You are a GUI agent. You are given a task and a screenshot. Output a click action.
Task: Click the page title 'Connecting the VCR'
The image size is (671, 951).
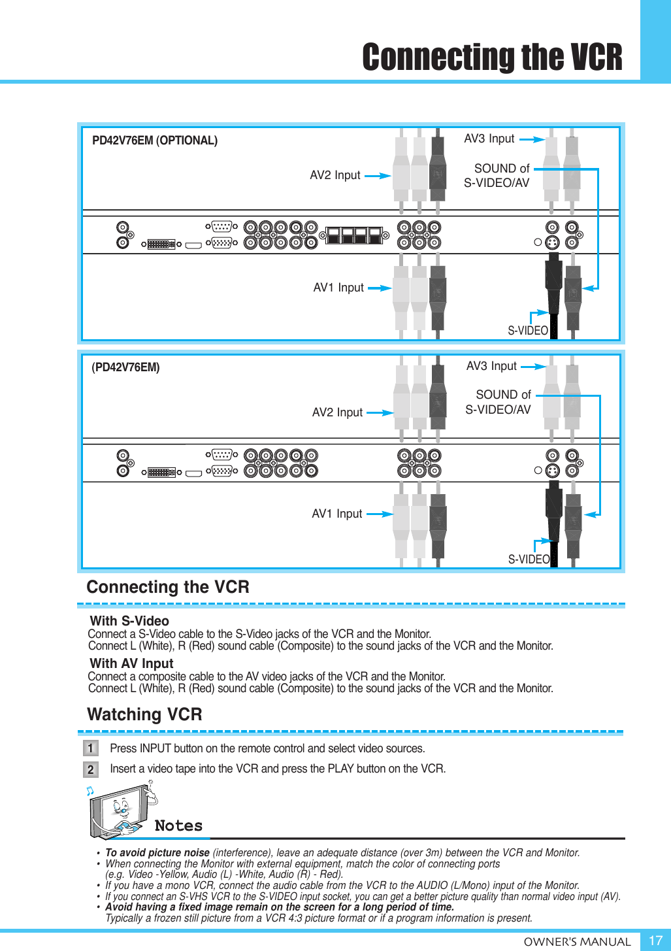tap(492, 58)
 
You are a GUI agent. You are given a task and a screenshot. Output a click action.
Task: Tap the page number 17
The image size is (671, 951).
tap(655, 941)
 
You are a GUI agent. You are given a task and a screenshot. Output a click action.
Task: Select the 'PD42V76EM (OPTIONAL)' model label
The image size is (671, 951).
tap(155, 141)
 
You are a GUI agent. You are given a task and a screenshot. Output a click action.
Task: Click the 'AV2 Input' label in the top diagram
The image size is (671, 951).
tap(335, 175)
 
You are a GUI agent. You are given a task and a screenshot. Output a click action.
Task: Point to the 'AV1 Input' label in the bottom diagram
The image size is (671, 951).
tap(337, 514)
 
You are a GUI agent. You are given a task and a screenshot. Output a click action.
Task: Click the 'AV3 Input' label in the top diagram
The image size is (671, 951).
tap(489, 139)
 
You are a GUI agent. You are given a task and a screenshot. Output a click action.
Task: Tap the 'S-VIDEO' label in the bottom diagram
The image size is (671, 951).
tap(529, 559)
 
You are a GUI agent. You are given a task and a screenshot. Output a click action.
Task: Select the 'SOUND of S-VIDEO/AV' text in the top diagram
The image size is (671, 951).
tap(498, 176)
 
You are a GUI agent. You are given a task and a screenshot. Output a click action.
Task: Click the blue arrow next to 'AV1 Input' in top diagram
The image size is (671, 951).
tap(380, 288)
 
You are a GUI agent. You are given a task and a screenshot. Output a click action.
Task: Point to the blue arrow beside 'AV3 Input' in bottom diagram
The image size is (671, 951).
tap(532, 367)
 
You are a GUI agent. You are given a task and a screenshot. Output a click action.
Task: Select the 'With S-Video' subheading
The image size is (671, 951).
tap(129, 621)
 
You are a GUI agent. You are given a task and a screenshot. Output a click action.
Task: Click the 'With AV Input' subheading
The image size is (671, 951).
tap(131, 663)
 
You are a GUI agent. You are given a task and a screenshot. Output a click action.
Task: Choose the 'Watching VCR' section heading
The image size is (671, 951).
tap(144, 714)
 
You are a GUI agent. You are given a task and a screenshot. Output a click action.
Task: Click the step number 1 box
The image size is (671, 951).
tap(91, 748)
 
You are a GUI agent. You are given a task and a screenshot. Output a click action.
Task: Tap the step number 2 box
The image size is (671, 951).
tap(91, 769)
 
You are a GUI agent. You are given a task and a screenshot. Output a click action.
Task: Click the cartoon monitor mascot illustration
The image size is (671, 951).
tap(122, 811)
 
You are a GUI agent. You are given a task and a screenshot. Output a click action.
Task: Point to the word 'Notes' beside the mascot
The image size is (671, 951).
tap(178, 826)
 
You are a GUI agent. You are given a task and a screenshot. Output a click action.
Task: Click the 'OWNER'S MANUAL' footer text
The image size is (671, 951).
tap(577, 941)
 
